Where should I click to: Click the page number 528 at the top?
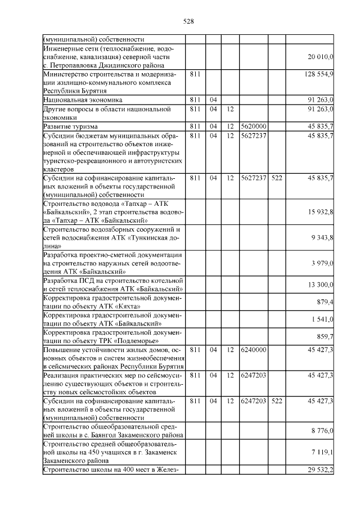188,22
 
